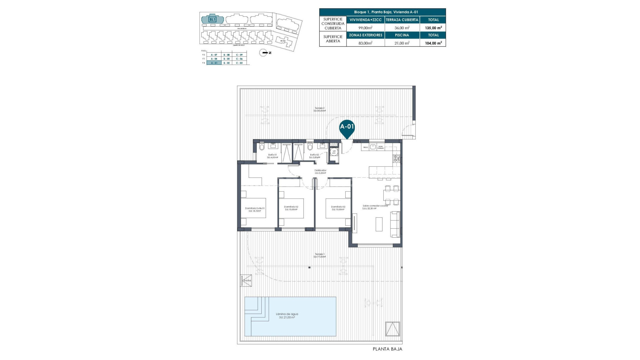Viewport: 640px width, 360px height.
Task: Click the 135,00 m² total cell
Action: tap(433, 28)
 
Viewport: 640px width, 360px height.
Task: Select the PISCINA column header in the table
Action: tap(402, 35)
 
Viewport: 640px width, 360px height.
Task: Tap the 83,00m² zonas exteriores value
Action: tap(365, 43)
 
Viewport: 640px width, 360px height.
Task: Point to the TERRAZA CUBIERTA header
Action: tap(402, 20)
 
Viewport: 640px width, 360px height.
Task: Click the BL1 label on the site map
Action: tap(212, 19)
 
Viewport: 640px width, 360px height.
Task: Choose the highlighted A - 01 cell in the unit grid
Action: tap(214, 63)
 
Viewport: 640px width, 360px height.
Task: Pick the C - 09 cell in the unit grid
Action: tap(239, 55)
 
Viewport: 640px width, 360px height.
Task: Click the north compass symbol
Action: tap(264, 53)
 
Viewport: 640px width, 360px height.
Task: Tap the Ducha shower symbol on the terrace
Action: tap(246, 280)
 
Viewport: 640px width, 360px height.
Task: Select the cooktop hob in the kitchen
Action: tap(397, 159)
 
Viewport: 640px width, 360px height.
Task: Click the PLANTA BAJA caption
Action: tap(387, 349)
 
